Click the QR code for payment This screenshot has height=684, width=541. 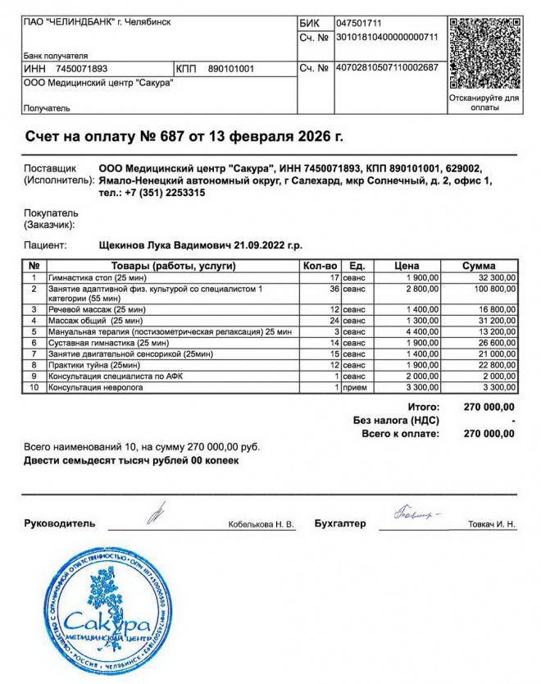click(484, 52)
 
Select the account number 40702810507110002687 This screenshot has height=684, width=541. click(387, 67)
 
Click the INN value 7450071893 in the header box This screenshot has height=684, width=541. click(81, 69)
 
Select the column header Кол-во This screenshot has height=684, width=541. click(320, 266)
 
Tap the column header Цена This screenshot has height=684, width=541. click(407, 266)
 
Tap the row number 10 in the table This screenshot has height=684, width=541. click(34, 386)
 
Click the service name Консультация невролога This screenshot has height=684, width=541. click(96, 386)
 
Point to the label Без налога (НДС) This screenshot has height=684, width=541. click(396, 420)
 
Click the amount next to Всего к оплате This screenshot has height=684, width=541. click(489, 433)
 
